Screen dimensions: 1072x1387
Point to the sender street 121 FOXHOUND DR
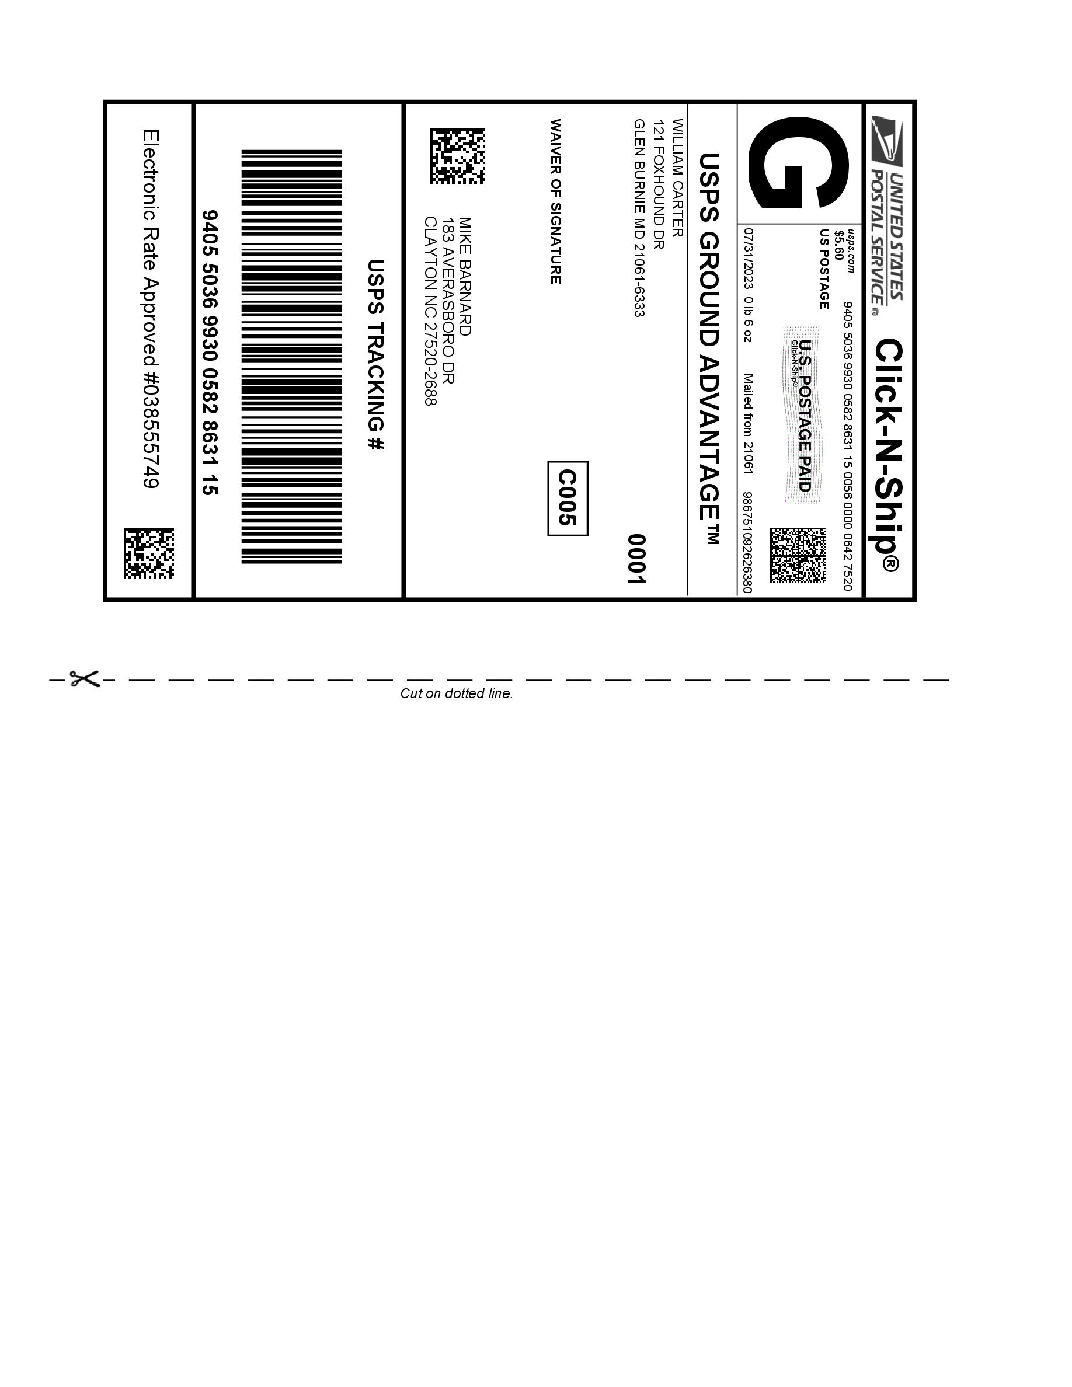pos(659,184)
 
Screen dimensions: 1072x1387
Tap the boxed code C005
pos(567,498)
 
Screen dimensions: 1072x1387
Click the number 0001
pos(636,558)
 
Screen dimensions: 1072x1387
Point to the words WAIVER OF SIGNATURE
pos(555,201)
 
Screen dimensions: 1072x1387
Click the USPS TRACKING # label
pos(376,355)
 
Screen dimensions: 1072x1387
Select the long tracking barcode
pos(291,356)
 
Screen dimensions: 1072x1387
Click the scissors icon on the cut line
pos(85,679)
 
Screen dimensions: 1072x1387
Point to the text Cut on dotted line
pos(456,694)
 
